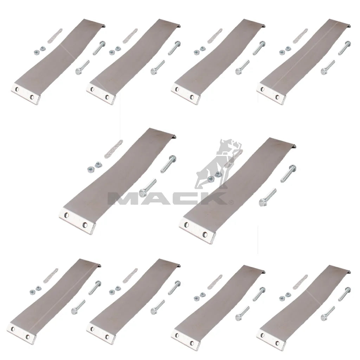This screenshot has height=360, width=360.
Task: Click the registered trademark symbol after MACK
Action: click(x=231, y=202)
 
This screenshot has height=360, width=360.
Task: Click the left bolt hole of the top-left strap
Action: click(x=17, y=89)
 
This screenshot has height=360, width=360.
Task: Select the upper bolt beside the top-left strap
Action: click(x=99, y=48)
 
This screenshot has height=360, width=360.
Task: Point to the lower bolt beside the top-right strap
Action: click(x=328, y=67)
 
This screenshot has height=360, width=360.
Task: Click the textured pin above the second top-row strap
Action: click(x=130, y=36)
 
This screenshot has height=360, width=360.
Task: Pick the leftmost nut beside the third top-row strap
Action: click(x=196, y=53)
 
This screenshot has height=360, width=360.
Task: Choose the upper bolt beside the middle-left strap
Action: click(x=168, y=164)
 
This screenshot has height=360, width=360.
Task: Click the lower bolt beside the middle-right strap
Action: click(x=268, y=197)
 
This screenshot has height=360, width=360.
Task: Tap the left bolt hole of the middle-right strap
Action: click(x=186, y=225)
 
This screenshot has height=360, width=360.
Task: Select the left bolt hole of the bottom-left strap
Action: click(x=13, y=329)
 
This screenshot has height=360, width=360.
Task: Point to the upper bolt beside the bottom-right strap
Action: click(x=345, y=294)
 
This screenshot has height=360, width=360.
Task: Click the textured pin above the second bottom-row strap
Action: click(x=130, y=276)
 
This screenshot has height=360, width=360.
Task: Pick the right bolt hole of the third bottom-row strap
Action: click(x=192, y=343)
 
